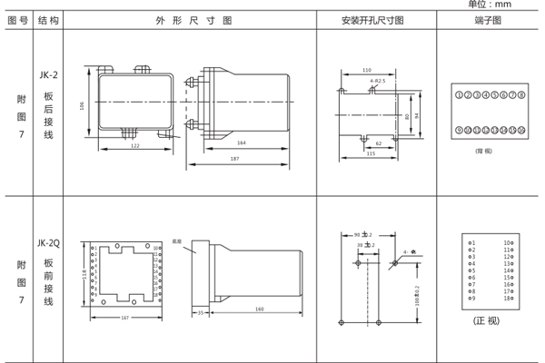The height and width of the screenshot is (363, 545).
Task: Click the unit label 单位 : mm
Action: (513, 5)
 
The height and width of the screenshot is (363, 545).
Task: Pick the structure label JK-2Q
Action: (49, 242)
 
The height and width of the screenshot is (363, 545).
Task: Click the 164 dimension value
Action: (242, 142)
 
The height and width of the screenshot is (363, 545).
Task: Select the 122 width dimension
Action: (134, 144)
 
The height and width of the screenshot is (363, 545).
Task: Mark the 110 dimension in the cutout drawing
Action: (367, 70)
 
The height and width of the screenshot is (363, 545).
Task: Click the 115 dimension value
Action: (371, 153)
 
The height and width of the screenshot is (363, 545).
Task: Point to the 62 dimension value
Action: (378, 142)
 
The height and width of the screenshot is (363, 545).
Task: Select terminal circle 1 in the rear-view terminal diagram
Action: (459, 94)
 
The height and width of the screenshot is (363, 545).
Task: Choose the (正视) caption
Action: (487, 321)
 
